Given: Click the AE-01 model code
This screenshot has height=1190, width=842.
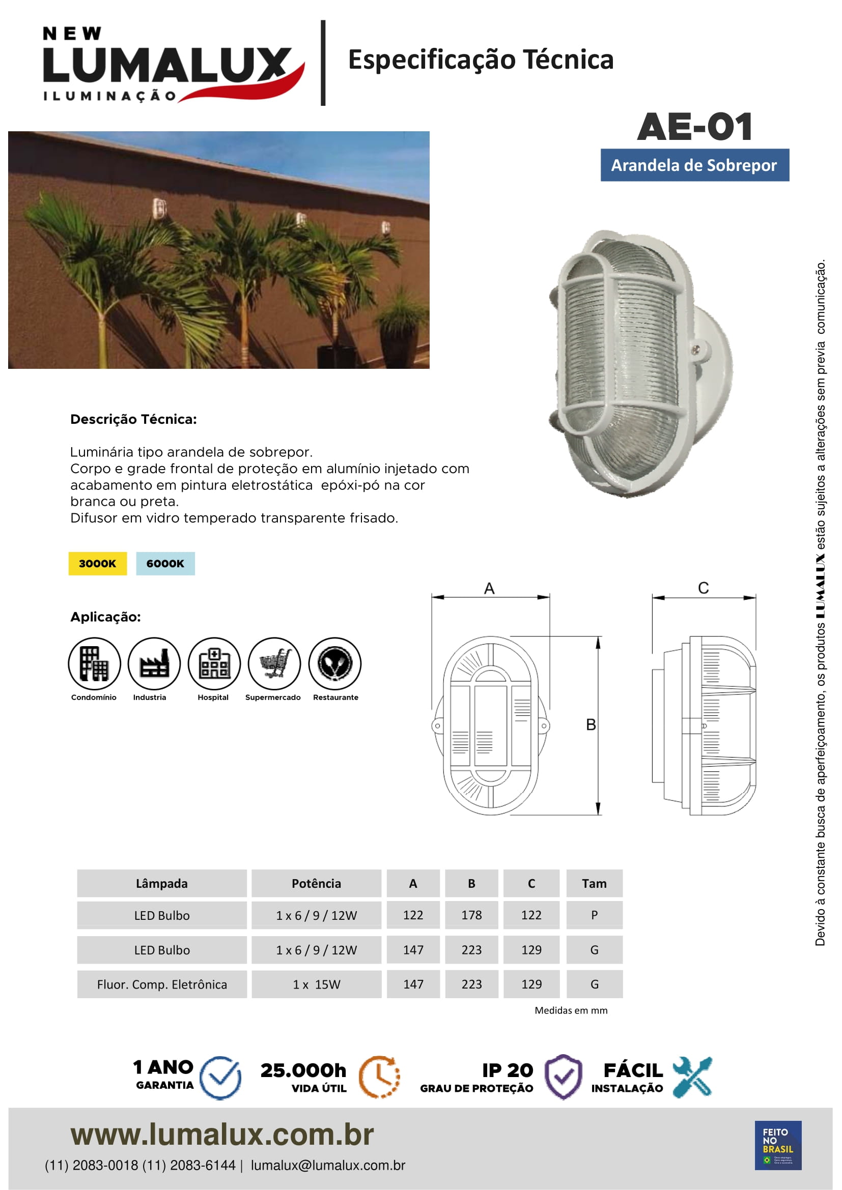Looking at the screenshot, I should [x=695, y=127].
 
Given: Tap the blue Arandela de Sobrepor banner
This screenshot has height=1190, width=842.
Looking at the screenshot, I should [x=694, y=165].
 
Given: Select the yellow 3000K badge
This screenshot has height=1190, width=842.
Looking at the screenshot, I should [x=97, y=563].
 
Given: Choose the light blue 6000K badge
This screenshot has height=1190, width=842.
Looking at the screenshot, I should [x=165, y=563].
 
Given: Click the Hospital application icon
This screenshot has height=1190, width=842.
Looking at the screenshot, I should [x=214, y=663].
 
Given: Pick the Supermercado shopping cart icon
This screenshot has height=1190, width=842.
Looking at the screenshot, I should [x=274, y=663].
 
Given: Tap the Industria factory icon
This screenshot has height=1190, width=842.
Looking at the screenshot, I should [x=154, y=663].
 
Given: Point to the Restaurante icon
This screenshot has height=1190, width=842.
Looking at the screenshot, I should [x=334, y=663].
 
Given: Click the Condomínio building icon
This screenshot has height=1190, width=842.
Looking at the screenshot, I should [x=94, y=663].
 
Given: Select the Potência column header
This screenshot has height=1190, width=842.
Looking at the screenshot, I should [x=316, y=883].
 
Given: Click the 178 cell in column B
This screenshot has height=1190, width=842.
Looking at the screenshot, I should [x=471, y=915].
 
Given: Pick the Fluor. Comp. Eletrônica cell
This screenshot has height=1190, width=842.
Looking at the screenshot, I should [x=162, y=984].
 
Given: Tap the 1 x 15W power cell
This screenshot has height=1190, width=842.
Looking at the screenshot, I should [x=316, y=984].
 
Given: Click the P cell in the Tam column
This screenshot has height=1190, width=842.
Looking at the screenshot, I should [x=594, y=915].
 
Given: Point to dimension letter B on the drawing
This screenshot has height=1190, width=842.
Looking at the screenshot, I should [x=591, y=724].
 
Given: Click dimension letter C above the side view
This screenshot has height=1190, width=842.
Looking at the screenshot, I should [x=703, y=588].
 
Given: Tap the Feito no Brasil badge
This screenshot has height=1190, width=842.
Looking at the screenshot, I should [x=778, y=1145].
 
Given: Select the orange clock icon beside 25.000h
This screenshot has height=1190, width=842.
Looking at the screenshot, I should [x=380, y=1077].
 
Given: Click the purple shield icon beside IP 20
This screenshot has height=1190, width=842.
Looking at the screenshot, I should [x=564, y=1077].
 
